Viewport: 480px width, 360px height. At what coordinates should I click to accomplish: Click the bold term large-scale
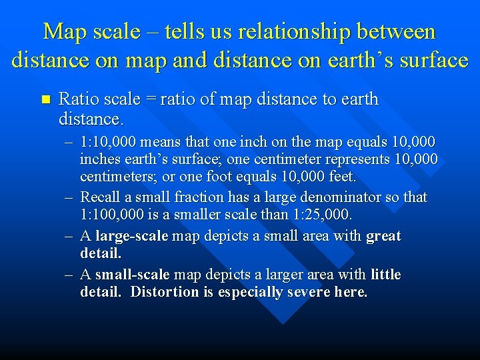tap(132, 236)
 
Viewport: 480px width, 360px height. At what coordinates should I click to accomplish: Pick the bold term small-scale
tap(133, 275)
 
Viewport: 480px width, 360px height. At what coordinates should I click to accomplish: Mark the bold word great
tap(383, 236)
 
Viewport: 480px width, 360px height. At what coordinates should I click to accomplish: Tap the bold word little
tap(385, 275)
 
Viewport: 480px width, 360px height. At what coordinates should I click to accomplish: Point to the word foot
tap(229, 177)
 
